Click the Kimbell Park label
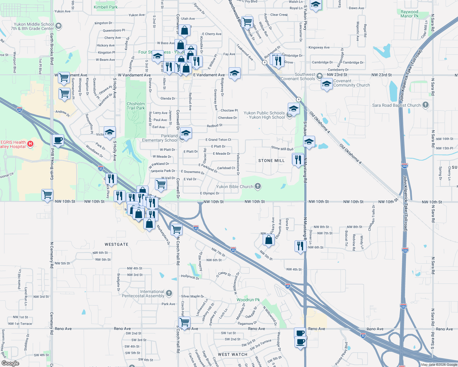click(x=105, y=7)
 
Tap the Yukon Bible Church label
click(x=235, y=187)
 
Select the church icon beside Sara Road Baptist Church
click(x=425, y=105)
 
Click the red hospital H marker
click(x=30, y=143)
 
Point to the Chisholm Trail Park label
click(x=136, y=106)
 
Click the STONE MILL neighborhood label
click(x=271, y=161)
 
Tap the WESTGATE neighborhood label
click(x=116, y=244)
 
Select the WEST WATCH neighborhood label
click(x=232, y=354)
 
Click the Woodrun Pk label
click(x=248, y=300)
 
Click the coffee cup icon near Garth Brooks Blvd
click(x=58, y=140)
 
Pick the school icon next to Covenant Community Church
click(x=326, y=84)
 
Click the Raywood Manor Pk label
click(x=409, y=14)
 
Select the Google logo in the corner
click(x=10, y=363)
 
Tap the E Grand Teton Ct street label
click(x=218, y=139)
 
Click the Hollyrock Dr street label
click(x=190, y=277)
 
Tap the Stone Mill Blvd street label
click(x=282, y=148)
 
